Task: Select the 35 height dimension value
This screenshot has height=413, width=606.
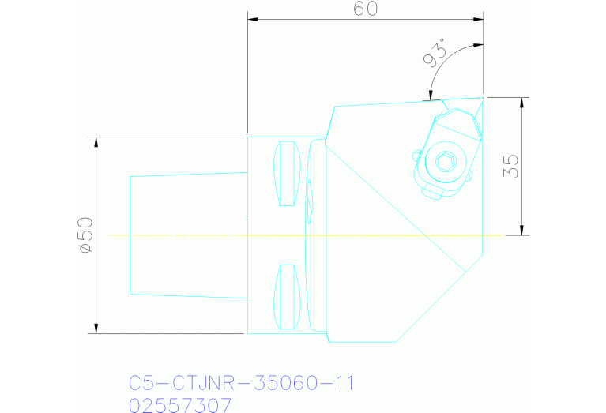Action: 511,166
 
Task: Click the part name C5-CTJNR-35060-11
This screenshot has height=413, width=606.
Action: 241,383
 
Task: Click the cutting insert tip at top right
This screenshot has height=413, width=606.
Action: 480,99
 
